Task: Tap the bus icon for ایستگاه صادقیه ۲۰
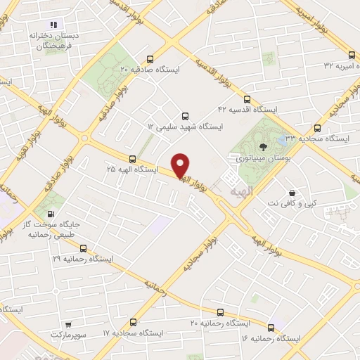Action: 149,59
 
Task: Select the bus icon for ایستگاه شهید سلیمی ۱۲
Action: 185,115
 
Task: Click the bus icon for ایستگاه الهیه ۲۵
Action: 132,159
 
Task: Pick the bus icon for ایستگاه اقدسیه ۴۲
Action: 247,99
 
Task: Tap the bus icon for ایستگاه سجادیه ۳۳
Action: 318,128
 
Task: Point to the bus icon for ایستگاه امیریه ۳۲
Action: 352,54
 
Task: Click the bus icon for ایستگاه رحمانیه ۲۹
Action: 84,248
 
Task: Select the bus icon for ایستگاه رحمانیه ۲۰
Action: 220,312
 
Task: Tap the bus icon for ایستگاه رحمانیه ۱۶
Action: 271,328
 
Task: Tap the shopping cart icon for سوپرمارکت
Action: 67,325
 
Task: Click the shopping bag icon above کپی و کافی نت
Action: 292,193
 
